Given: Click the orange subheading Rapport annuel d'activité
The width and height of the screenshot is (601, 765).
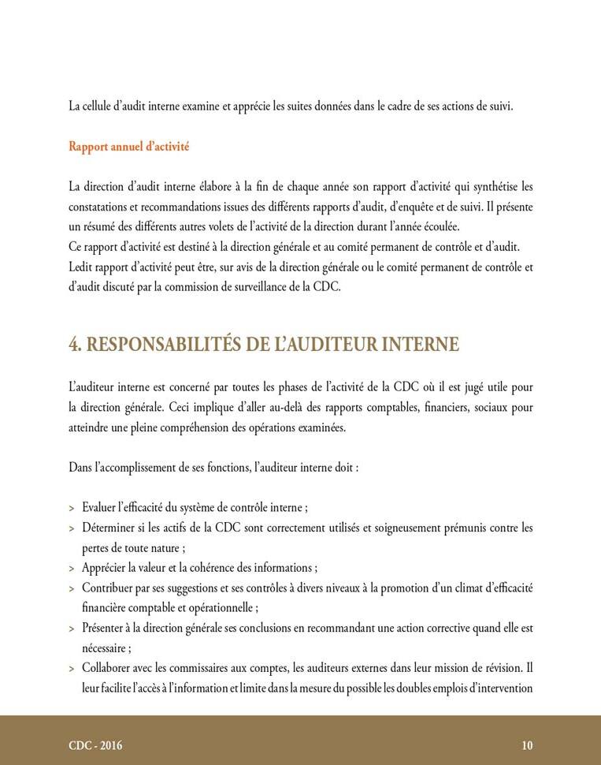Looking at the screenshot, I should click(128, 147).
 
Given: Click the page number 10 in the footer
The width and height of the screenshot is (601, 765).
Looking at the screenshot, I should click(527, 745).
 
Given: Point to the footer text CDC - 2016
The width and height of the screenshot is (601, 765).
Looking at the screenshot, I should click(95, 745).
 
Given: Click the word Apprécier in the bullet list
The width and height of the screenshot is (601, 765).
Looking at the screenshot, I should click(106, 568).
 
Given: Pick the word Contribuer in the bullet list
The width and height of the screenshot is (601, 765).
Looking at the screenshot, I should click(109, 588).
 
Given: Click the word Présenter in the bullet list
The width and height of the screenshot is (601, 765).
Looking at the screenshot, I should click(106, 629).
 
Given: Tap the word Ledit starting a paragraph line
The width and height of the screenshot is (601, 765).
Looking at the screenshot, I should click(81, 267).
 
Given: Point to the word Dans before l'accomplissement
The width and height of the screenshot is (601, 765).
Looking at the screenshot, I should click(81, 468).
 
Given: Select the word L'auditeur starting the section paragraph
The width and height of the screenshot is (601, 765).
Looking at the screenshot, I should click(94, 387).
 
